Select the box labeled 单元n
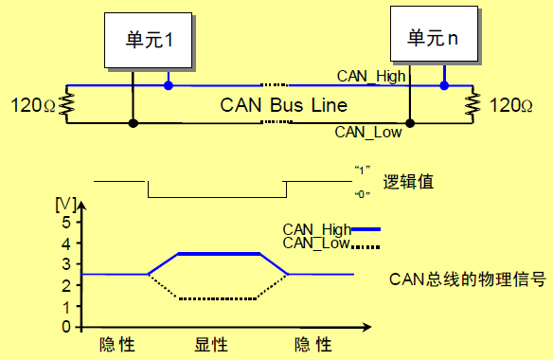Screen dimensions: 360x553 click(433, 38)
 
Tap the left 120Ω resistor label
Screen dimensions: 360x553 click(29, 104)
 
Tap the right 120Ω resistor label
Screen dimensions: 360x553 click(519, 104)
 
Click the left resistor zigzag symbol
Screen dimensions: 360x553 click(65, 104)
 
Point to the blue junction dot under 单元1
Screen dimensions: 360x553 click(169, 86)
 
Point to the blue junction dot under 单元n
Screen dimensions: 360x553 click(444, 86)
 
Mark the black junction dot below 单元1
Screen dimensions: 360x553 click(134, 123)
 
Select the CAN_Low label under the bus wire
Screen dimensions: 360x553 click(368, 133)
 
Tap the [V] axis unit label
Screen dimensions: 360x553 click(65, 204)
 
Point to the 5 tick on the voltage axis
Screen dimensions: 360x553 click(65, 223)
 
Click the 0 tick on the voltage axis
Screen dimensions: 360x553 click(65, 327)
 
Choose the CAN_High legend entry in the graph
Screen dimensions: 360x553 click(330, 228)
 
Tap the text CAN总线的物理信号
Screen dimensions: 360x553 click(470, 279)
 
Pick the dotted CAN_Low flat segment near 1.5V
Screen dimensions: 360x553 click(218, 298)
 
